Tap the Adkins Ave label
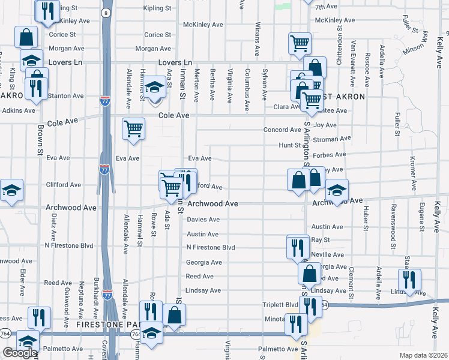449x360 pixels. coord(19,110)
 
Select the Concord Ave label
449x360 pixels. coord(282,130)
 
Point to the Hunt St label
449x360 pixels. coord(289,145)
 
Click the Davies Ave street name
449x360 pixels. coord(203,220)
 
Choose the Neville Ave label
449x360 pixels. coord(328,253)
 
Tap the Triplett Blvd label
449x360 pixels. coord(280,304)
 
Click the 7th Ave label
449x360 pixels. coord(327,7)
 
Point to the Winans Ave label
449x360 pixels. coord(256,38)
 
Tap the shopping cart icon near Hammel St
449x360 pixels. coord(133,128)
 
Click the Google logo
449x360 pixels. coord(19,353)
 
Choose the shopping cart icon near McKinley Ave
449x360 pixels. coord(299,43)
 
